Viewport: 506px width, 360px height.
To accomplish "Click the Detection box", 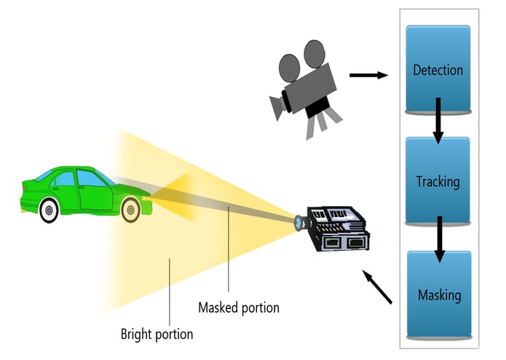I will [438, 70].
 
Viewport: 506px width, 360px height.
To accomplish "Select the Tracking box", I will [438, 181].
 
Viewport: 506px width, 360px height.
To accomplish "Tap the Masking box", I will [439, 295].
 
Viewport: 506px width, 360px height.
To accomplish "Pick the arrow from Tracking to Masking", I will [439, 238].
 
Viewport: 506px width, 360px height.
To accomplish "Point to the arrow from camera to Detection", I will [368, 74].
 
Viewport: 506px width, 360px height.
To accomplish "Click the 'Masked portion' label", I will [239, 308].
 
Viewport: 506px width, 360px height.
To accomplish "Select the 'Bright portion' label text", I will [157, 334].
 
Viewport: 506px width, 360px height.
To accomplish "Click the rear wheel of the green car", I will [49, 211].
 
